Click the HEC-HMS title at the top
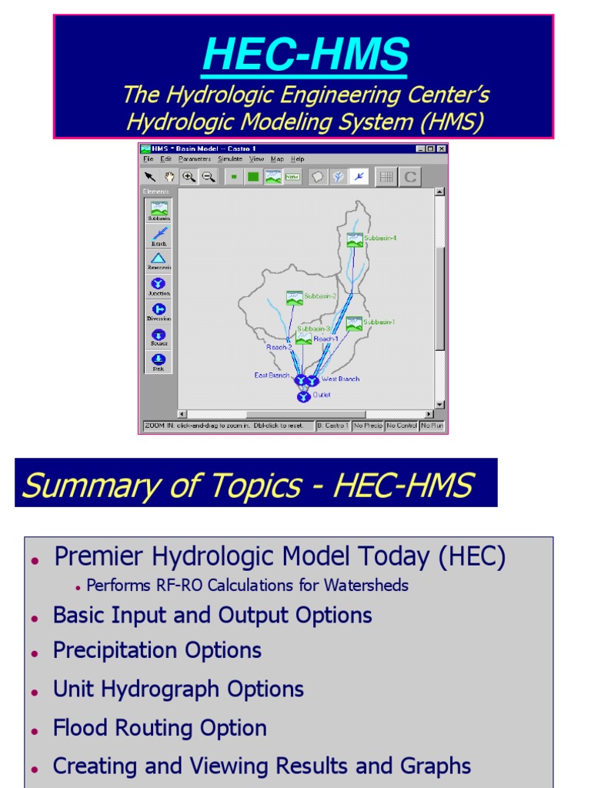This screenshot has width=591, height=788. tap(306, 55)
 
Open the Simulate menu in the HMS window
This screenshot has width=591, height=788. tap(229, 159)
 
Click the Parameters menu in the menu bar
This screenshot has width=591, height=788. tap(194, 159)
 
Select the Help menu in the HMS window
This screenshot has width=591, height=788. tap(297, 159)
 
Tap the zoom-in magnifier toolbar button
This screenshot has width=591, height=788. tap(189, 177)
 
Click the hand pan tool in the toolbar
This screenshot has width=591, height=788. tap(169, 177)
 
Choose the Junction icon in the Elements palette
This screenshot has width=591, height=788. tap(158, 283)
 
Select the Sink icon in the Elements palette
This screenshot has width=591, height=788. tap(158, 359)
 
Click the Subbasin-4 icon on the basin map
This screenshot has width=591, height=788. tap(354, 239)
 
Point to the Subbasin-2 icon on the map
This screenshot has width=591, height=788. tap(294, 297)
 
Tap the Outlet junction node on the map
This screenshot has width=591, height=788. tap(303, 396)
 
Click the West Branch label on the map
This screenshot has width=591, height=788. tap(340, 379)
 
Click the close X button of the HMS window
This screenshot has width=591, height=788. tap(441, 149)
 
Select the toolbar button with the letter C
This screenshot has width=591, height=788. tap(410, 177)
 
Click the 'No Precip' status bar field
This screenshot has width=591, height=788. tap(368, 426)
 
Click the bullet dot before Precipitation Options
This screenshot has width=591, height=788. tap(35, 653)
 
